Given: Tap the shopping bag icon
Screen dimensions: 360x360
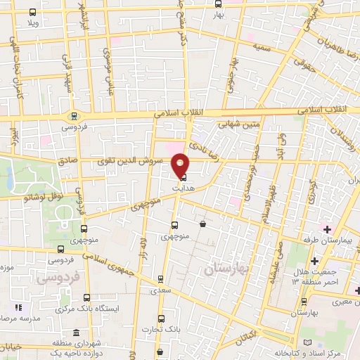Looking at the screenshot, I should click(202, 224).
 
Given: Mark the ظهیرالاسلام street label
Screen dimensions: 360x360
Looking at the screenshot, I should click(264, 197).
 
